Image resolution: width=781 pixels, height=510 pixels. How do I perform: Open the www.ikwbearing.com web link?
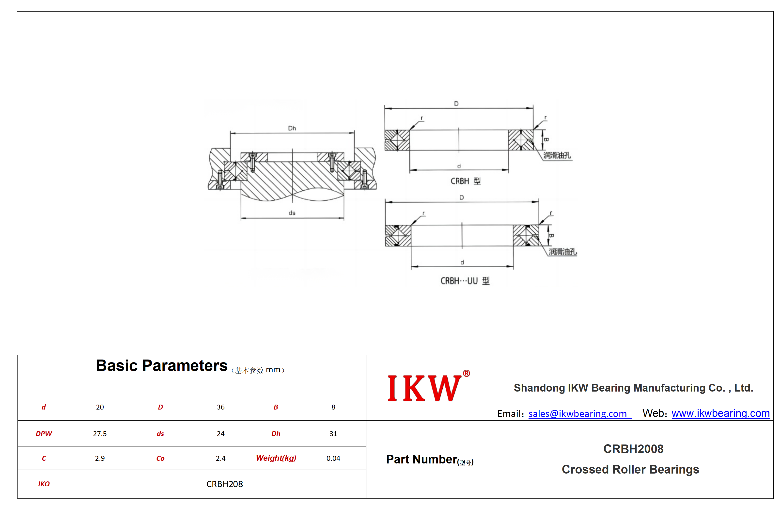(x=721, y=413)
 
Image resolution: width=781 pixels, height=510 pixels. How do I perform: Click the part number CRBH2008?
(x=633, y=449)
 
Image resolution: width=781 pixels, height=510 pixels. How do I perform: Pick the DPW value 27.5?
(x=100, y=434)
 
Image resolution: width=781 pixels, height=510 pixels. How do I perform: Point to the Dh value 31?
(x=333, y=434)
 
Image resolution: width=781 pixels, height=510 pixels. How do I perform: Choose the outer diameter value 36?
(x=220, y=407)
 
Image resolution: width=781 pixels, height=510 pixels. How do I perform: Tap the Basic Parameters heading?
(x=161, y=365)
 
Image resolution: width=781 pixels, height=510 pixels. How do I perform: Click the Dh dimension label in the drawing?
(x=292, y=128)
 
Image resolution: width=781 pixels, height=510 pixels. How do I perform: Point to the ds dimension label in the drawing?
(x=292, y=213)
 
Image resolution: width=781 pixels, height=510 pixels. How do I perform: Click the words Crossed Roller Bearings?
(x=630, y=470)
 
